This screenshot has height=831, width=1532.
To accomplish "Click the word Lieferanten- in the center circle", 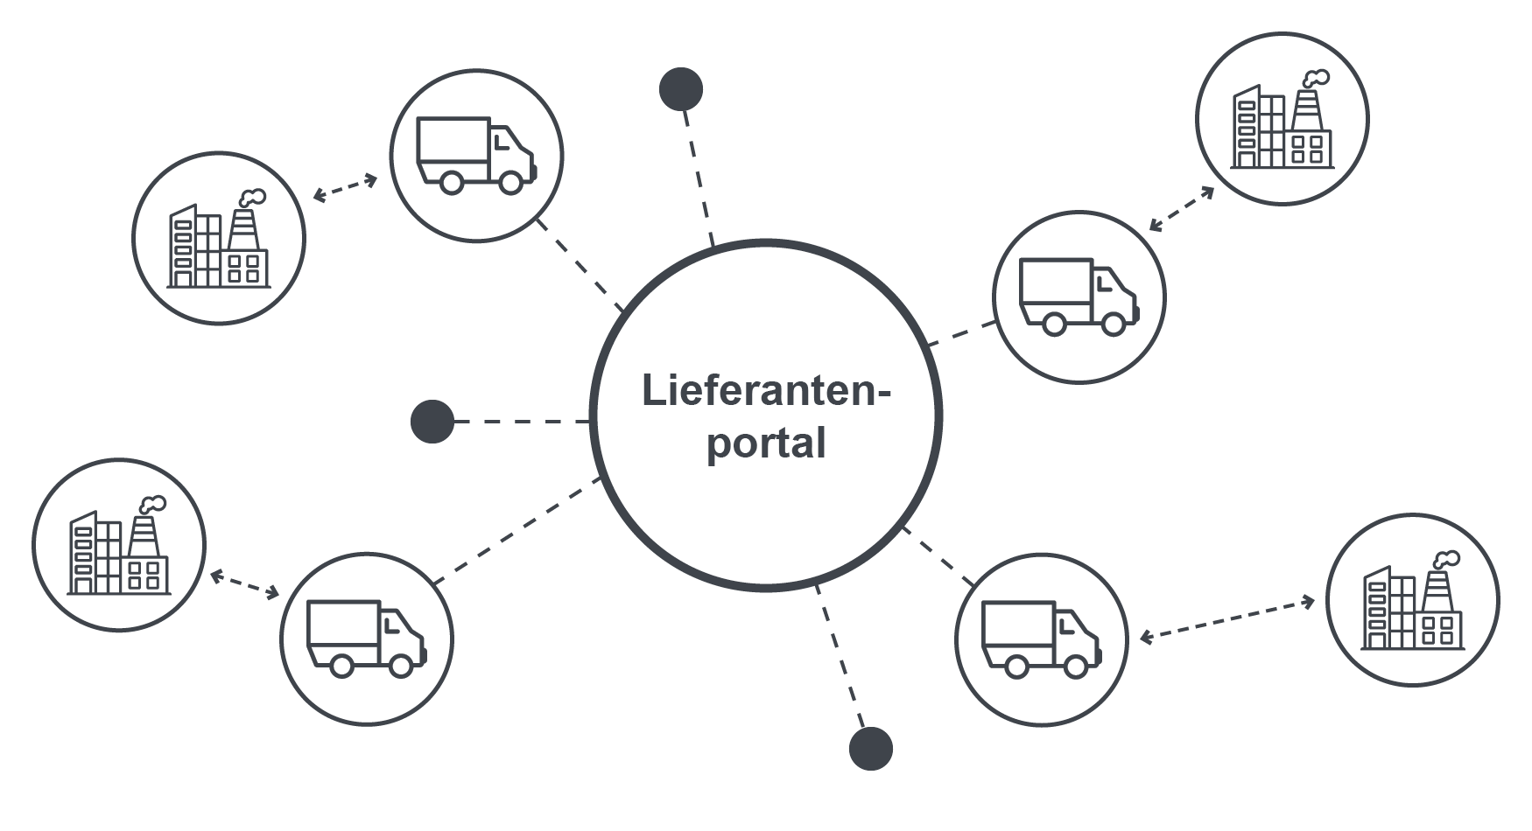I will point(765,390).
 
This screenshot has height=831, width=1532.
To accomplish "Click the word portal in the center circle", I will point(766,443).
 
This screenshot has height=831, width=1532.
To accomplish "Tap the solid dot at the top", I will point(680,89).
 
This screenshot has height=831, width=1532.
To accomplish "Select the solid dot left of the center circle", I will point(432,422).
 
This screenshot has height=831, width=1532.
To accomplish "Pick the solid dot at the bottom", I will point(870,749).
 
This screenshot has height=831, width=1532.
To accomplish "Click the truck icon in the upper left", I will point(476,155).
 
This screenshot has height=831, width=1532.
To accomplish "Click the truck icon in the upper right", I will point(1079,297).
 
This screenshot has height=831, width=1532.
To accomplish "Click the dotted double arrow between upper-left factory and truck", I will point(345,188).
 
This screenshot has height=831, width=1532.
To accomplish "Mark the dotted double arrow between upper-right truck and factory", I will point(1182,208).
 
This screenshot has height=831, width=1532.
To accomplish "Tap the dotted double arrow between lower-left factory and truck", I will point(244,584).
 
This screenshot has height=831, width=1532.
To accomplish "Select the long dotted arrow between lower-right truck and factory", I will point(1227,619).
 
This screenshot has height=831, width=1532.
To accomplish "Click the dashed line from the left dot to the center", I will point(522,422).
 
